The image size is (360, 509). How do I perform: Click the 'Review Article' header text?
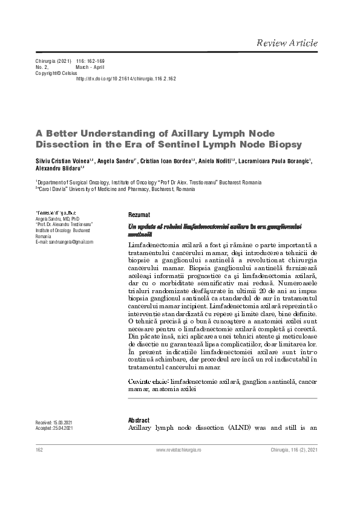287,44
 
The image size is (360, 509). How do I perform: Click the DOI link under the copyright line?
126,79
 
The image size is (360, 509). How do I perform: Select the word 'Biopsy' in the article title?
280,144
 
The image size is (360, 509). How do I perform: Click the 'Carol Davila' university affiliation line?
115,189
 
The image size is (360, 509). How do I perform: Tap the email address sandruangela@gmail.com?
65,242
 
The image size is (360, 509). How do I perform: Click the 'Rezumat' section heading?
139,215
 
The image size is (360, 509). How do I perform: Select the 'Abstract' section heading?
139,420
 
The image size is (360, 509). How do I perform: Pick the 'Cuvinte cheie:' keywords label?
149,382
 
